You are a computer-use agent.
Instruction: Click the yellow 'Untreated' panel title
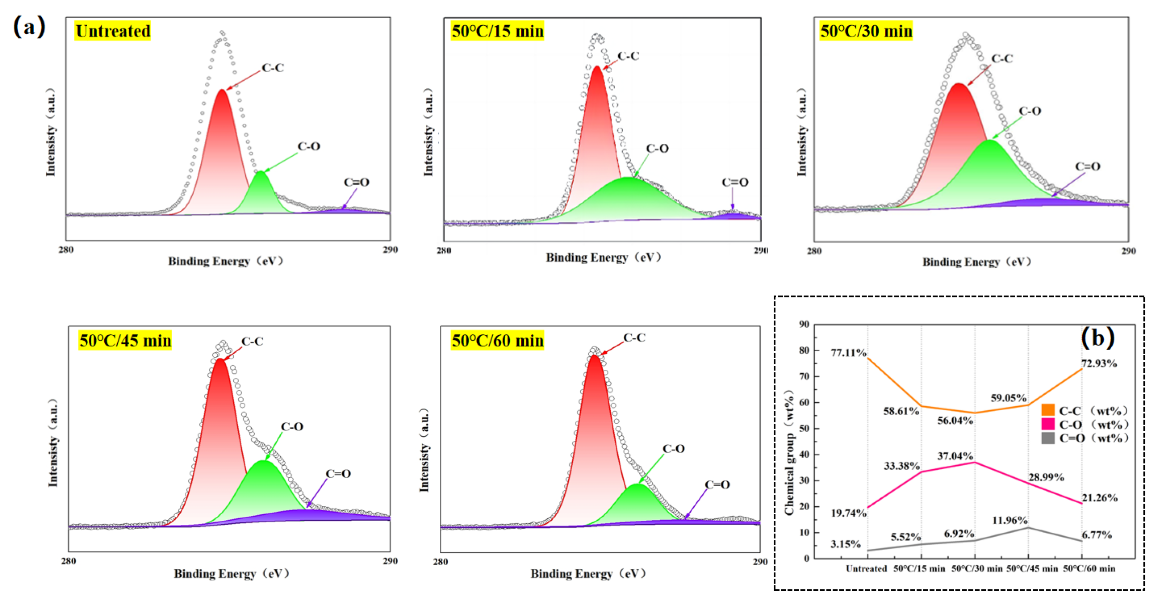tap(113, 31)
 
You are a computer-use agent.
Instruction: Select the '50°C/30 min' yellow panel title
tap(866, 31)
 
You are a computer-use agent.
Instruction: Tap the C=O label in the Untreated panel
tap(357, 182)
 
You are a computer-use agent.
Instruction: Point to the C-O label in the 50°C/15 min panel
tap(657, 149)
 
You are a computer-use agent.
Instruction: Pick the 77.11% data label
tap(848, 352)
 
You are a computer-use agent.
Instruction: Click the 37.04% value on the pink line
tap(955, 456)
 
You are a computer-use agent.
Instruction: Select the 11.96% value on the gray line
tap(1010, 520)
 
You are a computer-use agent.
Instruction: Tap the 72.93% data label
tap(1099, 363)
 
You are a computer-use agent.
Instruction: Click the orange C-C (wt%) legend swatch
tap(1048, 410)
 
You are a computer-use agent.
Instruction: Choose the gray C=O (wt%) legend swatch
tap(1048, 438)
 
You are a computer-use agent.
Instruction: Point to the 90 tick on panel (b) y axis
tap(804, 324)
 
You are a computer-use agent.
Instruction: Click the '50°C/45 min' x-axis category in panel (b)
tap(1032, 568)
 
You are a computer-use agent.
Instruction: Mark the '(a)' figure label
tap(29, 26)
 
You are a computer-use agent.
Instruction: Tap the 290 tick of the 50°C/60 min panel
tap(760, 561)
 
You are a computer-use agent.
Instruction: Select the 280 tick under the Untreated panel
tap(66, 249)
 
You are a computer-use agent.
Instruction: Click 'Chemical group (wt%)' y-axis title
tap(790, 453)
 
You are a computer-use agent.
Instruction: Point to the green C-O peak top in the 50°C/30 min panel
tap(990, 141)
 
